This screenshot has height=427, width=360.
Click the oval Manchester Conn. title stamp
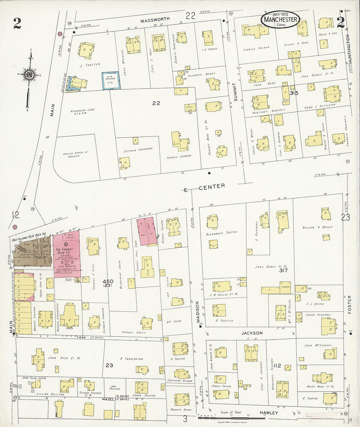pyautogui.click(x=280, y=20)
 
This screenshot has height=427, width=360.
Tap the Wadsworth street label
pyautogui.click(x=155, y=20)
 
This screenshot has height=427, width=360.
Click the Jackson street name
pyautogui.click(x=252, y=333)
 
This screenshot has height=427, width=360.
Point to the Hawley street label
pyautogui.click(x=269, y=413)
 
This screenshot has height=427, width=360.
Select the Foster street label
pyautogui.click(x=350, y=305)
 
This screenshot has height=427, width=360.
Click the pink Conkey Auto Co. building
pyautogui.click(x=66, y=254)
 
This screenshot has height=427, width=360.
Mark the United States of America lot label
pyautogui.click(x=76, y=154)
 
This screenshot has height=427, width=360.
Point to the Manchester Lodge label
pyautogui.click(x=82, y=112)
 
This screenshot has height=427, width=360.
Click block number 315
pyautogui.click(x=294, y=93)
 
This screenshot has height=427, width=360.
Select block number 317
pyautogui.click(x=283, y=270)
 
